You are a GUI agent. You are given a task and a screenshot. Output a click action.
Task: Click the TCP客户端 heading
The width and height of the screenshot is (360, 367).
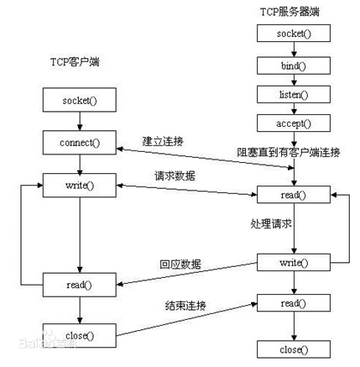[x=76, y=66]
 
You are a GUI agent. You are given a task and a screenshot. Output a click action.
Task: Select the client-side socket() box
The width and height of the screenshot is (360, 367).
[x=79, y=101]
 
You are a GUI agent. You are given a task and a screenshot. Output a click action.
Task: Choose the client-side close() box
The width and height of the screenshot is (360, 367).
[x=79, y=336]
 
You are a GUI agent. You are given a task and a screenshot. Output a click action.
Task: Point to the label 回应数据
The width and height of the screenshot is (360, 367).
[x=180, y=264]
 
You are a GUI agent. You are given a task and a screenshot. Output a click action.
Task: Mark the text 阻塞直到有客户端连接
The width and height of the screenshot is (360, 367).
[x=289, y=152]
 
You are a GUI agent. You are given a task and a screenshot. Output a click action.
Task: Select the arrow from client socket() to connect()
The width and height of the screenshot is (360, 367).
[x=79, y=120]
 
